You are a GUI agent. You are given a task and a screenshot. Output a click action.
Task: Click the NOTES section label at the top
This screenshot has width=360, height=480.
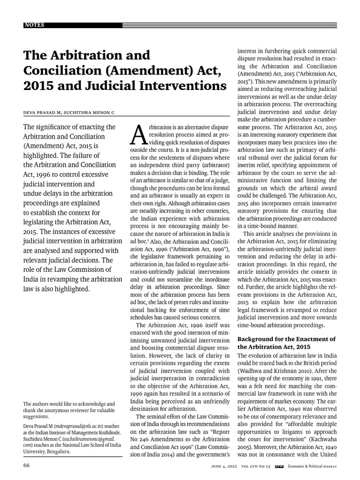point(33,25)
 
